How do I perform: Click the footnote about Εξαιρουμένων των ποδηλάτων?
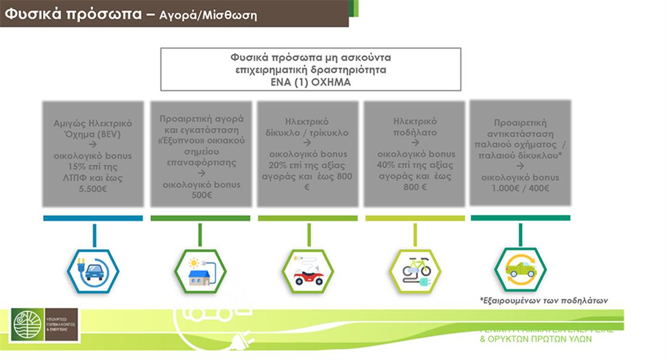click(543, 300)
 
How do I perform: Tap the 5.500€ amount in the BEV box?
click(93, 188)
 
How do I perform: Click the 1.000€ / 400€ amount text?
click(520, 188)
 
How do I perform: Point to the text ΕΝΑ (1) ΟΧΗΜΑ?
click(310, 82)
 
